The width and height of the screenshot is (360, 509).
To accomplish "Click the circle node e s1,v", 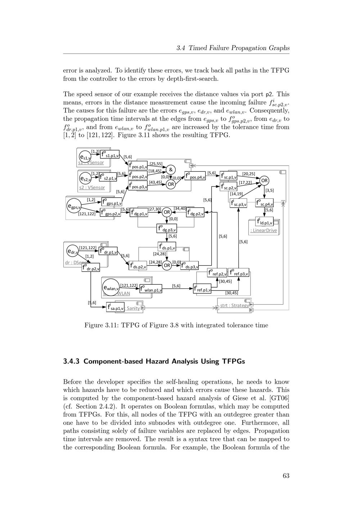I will tap(85, 157).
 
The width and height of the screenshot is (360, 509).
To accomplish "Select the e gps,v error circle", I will tap(74, 206).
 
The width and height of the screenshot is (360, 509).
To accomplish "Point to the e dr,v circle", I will tap(72, 251).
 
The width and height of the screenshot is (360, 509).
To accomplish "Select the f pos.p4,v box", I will tap(195, 176).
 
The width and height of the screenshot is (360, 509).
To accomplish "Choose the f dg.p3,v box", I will tap(167, 229).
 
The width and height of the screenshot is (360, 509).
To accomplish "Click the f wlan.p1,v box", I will tap(151, 289).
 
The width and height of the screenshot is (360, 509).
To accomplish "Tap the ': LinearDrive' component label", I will tap(264, 230).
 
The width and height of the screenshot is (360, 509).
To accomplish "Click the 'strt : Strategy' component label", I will tap(234, 306).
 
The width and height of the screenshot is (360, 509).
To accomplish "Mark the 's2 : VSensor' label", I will tap(92, 188).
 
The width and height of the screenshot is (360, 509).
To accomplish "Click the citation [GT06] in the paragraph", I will tap(278, 398).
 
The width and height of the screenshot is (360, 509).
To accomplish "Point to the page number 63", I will tap(286, 476).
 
